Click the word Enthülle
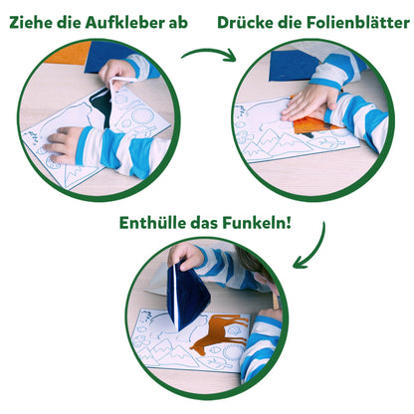(x=152, y=223)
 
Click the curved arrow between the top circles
(x=209, y=54)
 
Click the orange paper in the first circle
(x=69, y=53)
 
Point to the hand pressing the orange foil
(x=308, y=103)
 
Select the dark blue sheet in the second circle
(x=292, y=66)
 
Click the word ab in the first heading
(x=178, y=23)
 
